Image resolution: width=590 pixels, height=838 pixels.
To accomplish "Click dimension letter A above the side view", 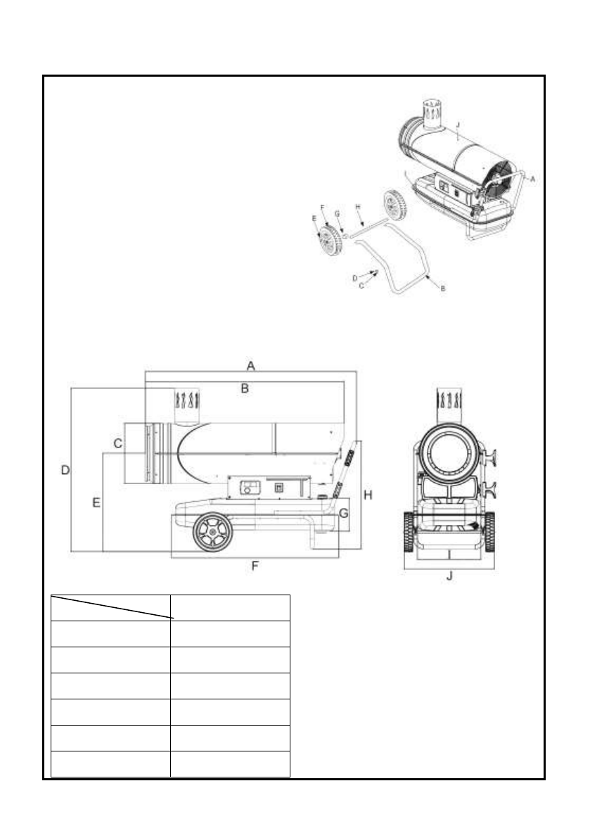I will tap(250, 364).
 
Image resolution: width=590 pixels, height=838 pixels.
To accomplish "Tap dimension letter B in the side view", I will tap(245, 388).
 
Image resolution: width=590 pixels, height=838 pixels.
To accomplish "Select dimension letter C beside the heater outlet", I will tap(118, 443).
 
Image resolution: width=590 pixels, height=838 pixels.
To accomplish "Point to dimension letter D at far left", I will tap(65, 469).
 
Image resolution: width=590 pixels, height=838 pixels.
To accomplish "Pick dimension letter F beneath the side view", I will tap(255, 566).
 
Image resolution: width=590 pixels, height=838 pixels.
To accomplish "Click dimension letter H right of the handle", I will tap(367, 495).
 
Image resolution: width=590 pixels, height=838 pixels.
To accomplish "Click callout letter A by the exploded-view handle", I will tap(532, 179).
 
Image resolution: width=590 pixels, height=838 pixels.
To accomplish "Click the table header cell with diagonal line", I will tap(110, 607).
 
